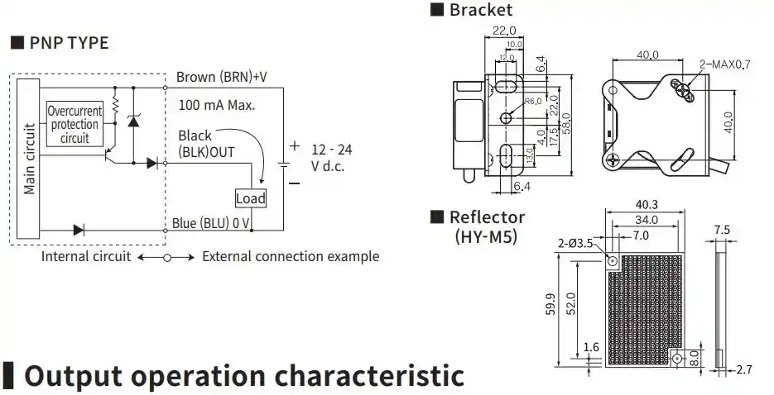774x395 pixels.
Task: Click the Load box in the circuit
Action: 250,198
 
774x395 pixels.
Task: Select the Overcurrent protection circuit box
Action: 75,125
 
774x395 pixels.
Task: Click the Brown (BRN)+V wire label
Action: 222,78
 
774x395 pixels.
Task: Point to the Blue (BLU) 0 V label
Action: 211,223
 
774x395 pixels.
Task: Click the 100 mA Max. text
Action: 217,106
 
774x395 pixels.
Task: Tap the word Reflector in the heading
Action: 487,217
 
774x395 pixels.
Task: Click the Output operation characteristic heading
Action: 244,375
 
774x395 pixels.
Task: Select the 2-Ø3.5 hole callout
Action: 575,243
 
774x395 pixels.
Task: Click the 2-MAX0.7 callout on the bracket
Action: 724,64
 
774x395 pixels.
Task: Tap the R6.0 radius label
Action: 534,101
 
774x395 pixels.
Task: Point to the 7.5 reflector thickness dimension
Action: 722,230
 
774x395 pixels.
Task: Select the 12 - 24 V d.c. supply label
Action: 331,157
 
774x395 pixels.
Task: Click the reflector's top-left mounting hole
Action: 613,261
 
